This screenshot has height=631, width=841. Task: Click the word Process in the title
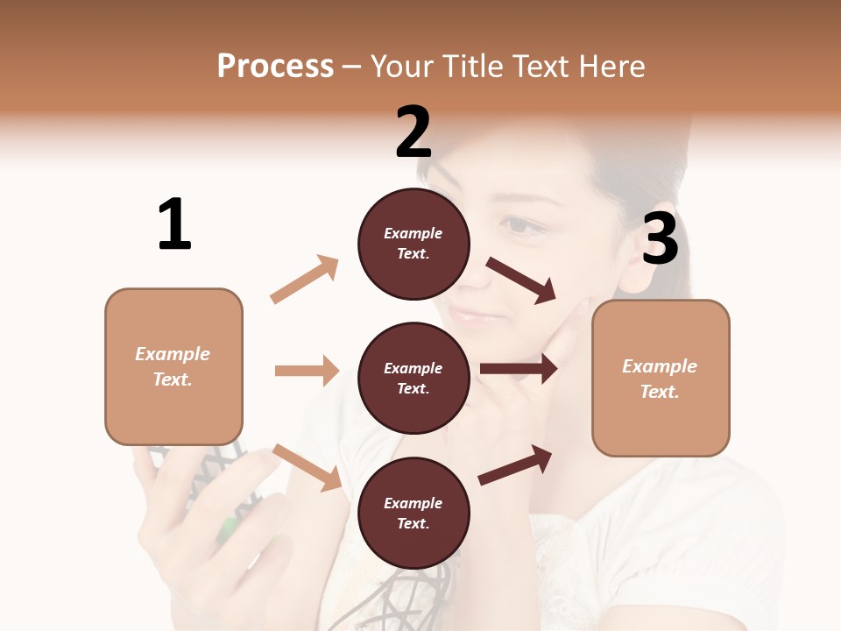pos(275,66)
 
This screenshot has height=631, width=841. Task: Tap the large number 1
pos(174,224)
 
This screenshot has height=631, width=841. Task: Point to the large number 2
pos(413,131)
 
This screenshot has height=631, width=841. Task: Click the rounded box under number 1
pos(173,366)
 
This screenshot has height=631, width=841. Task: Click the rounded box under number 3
pos(661,378)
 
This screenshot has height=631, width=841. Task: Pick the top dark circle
pos(413,244)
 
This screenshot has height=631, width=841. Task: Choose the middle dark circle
pos(413,378)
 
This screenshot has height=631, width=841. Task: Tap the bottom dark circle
pos(413,513)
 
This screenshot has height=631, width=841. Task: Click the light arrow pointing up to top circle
pos(305,280)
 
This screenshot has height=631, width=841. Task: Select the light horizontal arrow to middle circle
pos(307,371)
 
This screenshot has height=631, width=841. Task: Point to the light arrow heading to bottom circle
pos(307,467)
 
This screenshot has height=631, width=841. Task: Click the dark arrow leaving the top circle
pos(521,280)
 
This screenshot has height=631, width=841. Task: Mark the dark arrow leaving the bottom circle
pos(516,464)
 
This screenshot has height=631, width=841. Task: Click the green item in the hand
pos(228,527)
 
